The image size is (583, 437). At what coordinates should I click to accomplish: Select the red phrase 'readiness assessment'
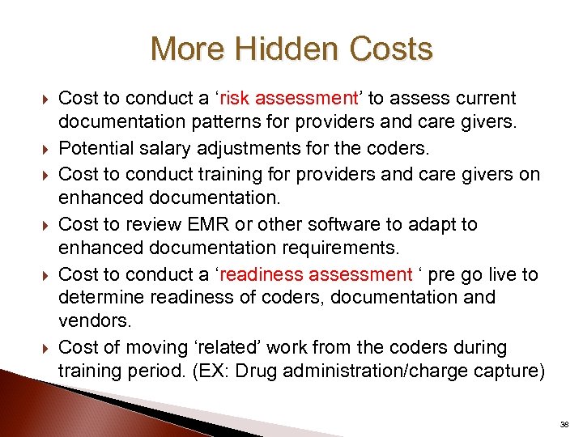click(x=316, y=275)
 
